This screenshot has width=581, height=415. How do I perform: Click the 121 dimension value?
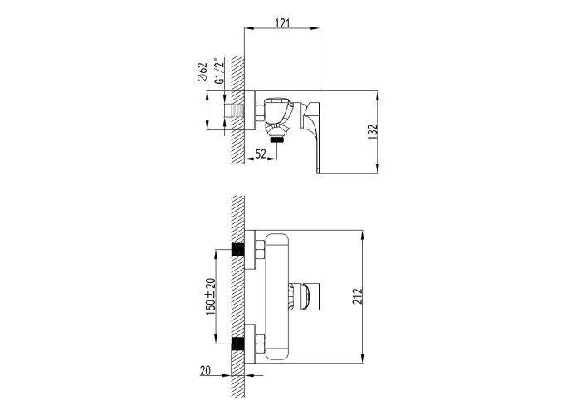[x=282, y=23]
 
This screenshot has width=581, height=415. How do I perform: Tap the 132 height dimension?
[x=373, y=132]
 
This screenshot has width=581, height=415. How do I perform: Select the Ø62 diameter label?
[x=203, y=71]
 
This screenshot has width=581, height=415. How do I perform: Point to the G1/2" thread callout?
[x=219, y=71]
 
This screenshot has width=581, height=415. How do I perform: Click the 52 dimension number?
[x=261, y=153]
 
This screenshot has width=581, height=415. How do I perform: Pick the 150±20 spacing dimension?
[x=210, y=296]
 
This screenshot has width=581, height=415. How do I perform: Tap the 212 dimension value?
[x=357, y=296]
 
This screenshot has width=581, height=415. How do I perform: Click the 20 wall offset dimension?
[x=205, y=370]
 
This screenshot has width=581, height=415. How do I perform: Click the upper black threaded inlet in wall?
[x=237, y=250]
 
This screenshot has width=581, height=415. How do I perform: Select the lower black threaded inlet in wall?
[x=237, y=344]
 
